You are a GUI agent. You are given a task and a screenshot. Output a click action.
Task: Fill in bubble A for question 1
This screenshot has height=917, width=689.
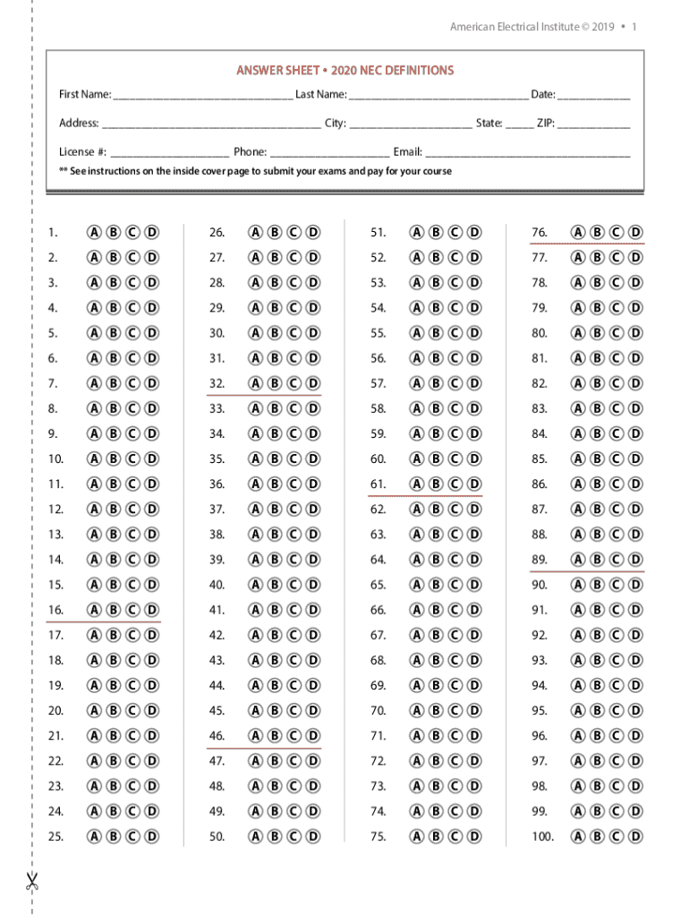click(94, 233)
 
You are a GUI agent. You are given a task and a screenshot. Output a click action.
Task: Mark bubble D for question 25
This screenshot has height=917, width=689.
click(153, 837)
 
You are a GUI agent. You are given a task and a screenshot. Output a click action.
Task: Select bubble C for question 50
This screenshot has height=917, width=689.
click(293, 837)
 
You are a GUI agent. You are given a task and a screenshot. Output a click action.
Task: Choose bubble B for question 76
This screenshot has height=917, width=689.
click(597, 233)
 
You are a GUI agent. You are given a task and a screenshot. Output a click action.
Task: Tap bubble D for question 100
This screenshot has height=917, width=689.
click(635, 837)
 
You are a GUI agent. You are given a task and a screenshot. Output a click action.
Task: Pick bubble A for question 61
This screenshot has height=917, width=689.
click(416, 484)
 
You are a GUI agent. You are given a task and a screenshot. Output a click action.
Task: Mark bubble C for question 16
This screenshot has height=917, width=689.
click(133, 611)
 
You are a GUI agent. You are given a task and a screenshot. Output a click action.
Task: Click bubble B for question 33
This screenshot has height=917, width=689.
click(274, 408)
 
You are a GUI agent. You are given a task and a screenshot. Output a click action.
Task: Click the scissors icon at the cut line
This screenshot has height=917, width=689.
click(32, 881)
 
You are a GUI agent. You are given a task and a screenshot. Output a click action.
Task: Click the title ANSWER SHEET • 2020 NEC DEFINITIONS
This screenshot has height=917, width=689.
click(344, 70)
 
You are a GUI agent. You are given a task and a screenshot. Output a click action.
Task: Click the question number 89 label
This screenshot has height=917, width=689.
click(540, 560)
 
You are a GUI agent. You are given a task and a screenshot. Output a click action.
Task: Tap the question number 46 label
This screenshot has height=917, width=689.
click(217, 736)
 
